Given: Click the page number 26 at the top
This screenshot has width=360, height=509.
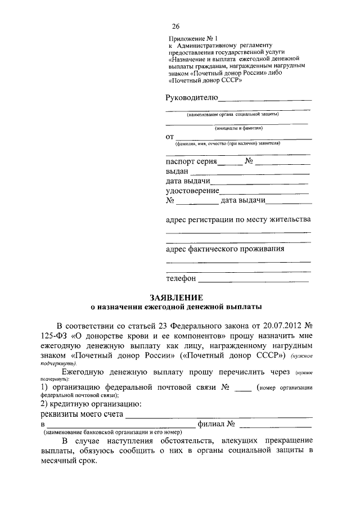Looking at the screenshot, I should coord(175,26).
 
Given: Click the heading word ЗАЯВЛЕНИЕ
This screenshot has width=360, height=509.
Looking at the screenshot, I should coord(176,297).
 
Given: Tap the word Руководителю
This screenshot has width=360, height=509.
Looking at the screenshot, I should coord(191,98).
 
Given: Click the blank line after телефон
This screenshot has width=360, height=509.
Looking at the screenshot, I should coord(254,279).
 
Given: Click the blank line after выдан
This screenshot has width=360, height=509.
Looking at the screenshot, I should coord(250,172).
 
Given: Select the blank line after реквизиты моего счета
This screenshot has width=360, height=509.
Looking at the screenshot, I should coord(219,415).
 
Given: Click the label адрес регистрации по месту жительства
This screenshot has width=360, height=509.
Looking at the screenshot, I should coord(238,219).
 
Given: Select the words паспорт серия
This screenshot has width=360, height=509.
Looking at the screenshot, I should coord(191,161).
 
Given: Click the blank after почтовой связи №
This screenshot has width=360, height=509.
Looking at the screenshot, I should coord(242,388).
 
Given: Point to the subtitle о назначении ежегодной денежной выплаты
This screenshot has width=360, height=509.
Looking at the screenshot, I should coord(176,308).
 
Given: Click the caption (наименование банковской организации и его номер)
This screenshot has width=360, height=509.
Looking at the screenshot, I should coord(111,432).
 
